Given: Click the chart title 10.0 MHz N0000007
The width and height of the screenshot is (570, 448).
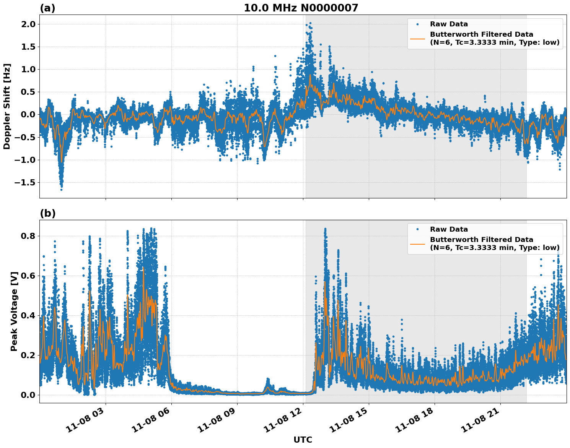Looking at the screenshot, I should coord(301,8).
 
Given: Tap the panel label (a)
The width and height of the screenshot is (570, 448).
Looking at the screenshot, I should coord(47,8).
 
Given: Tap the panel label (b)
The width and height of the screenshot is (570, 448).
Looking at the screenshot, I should coord(47,213).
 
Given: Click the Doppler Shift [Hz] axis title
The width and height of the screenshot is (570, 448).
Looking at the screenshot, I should coord(7,106).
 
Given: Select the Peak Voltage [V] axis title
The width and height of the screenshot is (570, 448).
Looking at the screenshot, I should coord(14,320).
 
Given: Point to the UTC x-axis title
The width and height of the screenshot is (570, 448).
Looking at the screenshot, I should coord(303,440).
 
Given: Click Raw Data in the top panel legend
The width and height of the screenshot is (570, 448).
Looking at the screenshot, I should coord(449,24).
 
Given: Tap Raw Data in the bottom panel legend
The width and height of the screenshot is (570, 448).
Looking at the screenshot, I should coord(449,229).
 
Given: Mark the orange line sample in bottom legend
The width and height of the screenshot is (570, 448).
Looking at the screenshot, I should coord(417,243).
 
